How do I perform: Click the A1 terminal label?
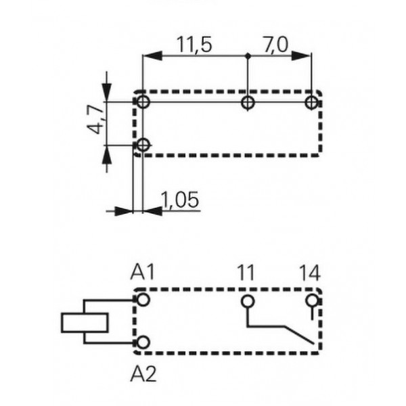click(x=143, y=274)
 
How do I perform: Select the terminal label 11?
click(x=246, y=274)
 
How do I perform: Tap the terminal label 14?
click(x=310, y=274)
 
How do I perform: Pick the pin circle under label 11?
click(x=248, y=300)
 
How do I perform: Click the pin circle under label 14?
click(x=311, y=300)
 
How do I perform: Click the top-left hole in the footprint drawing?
click(x=143, y=102)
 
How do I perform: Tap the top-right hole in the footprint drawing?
click(x=311, y=102)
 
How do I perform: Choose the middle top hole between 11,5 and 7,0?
click(x=248, y=102)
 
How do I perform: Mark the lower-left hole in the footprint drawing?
click(x=143, y=145)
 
